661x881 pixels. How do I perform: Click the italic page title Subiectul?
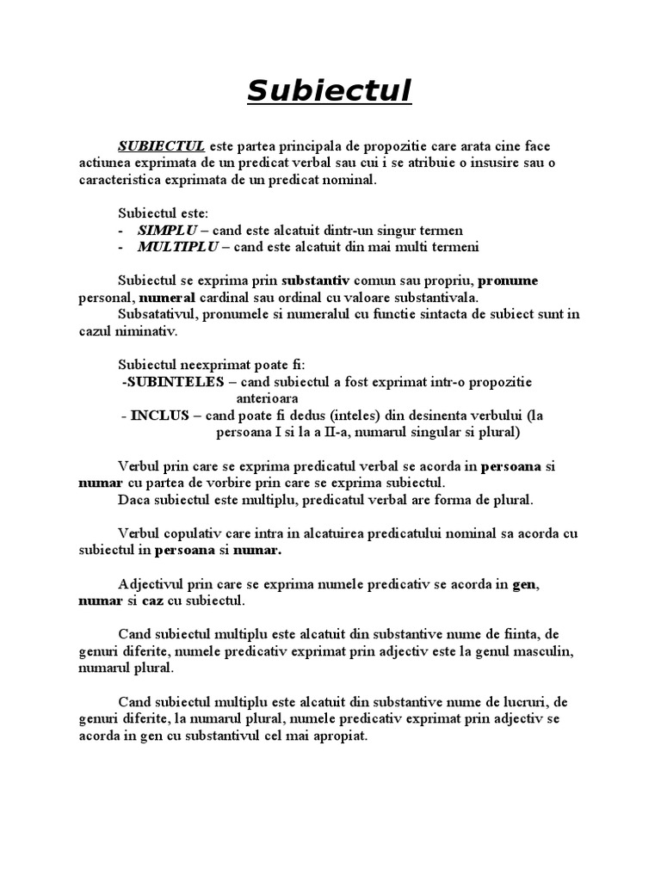click(x=330, y=90)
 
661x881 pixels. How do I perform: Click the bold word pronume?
click(x=508, y=280)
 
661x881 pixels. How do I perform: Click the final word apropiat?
click(x=340, y=737)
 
